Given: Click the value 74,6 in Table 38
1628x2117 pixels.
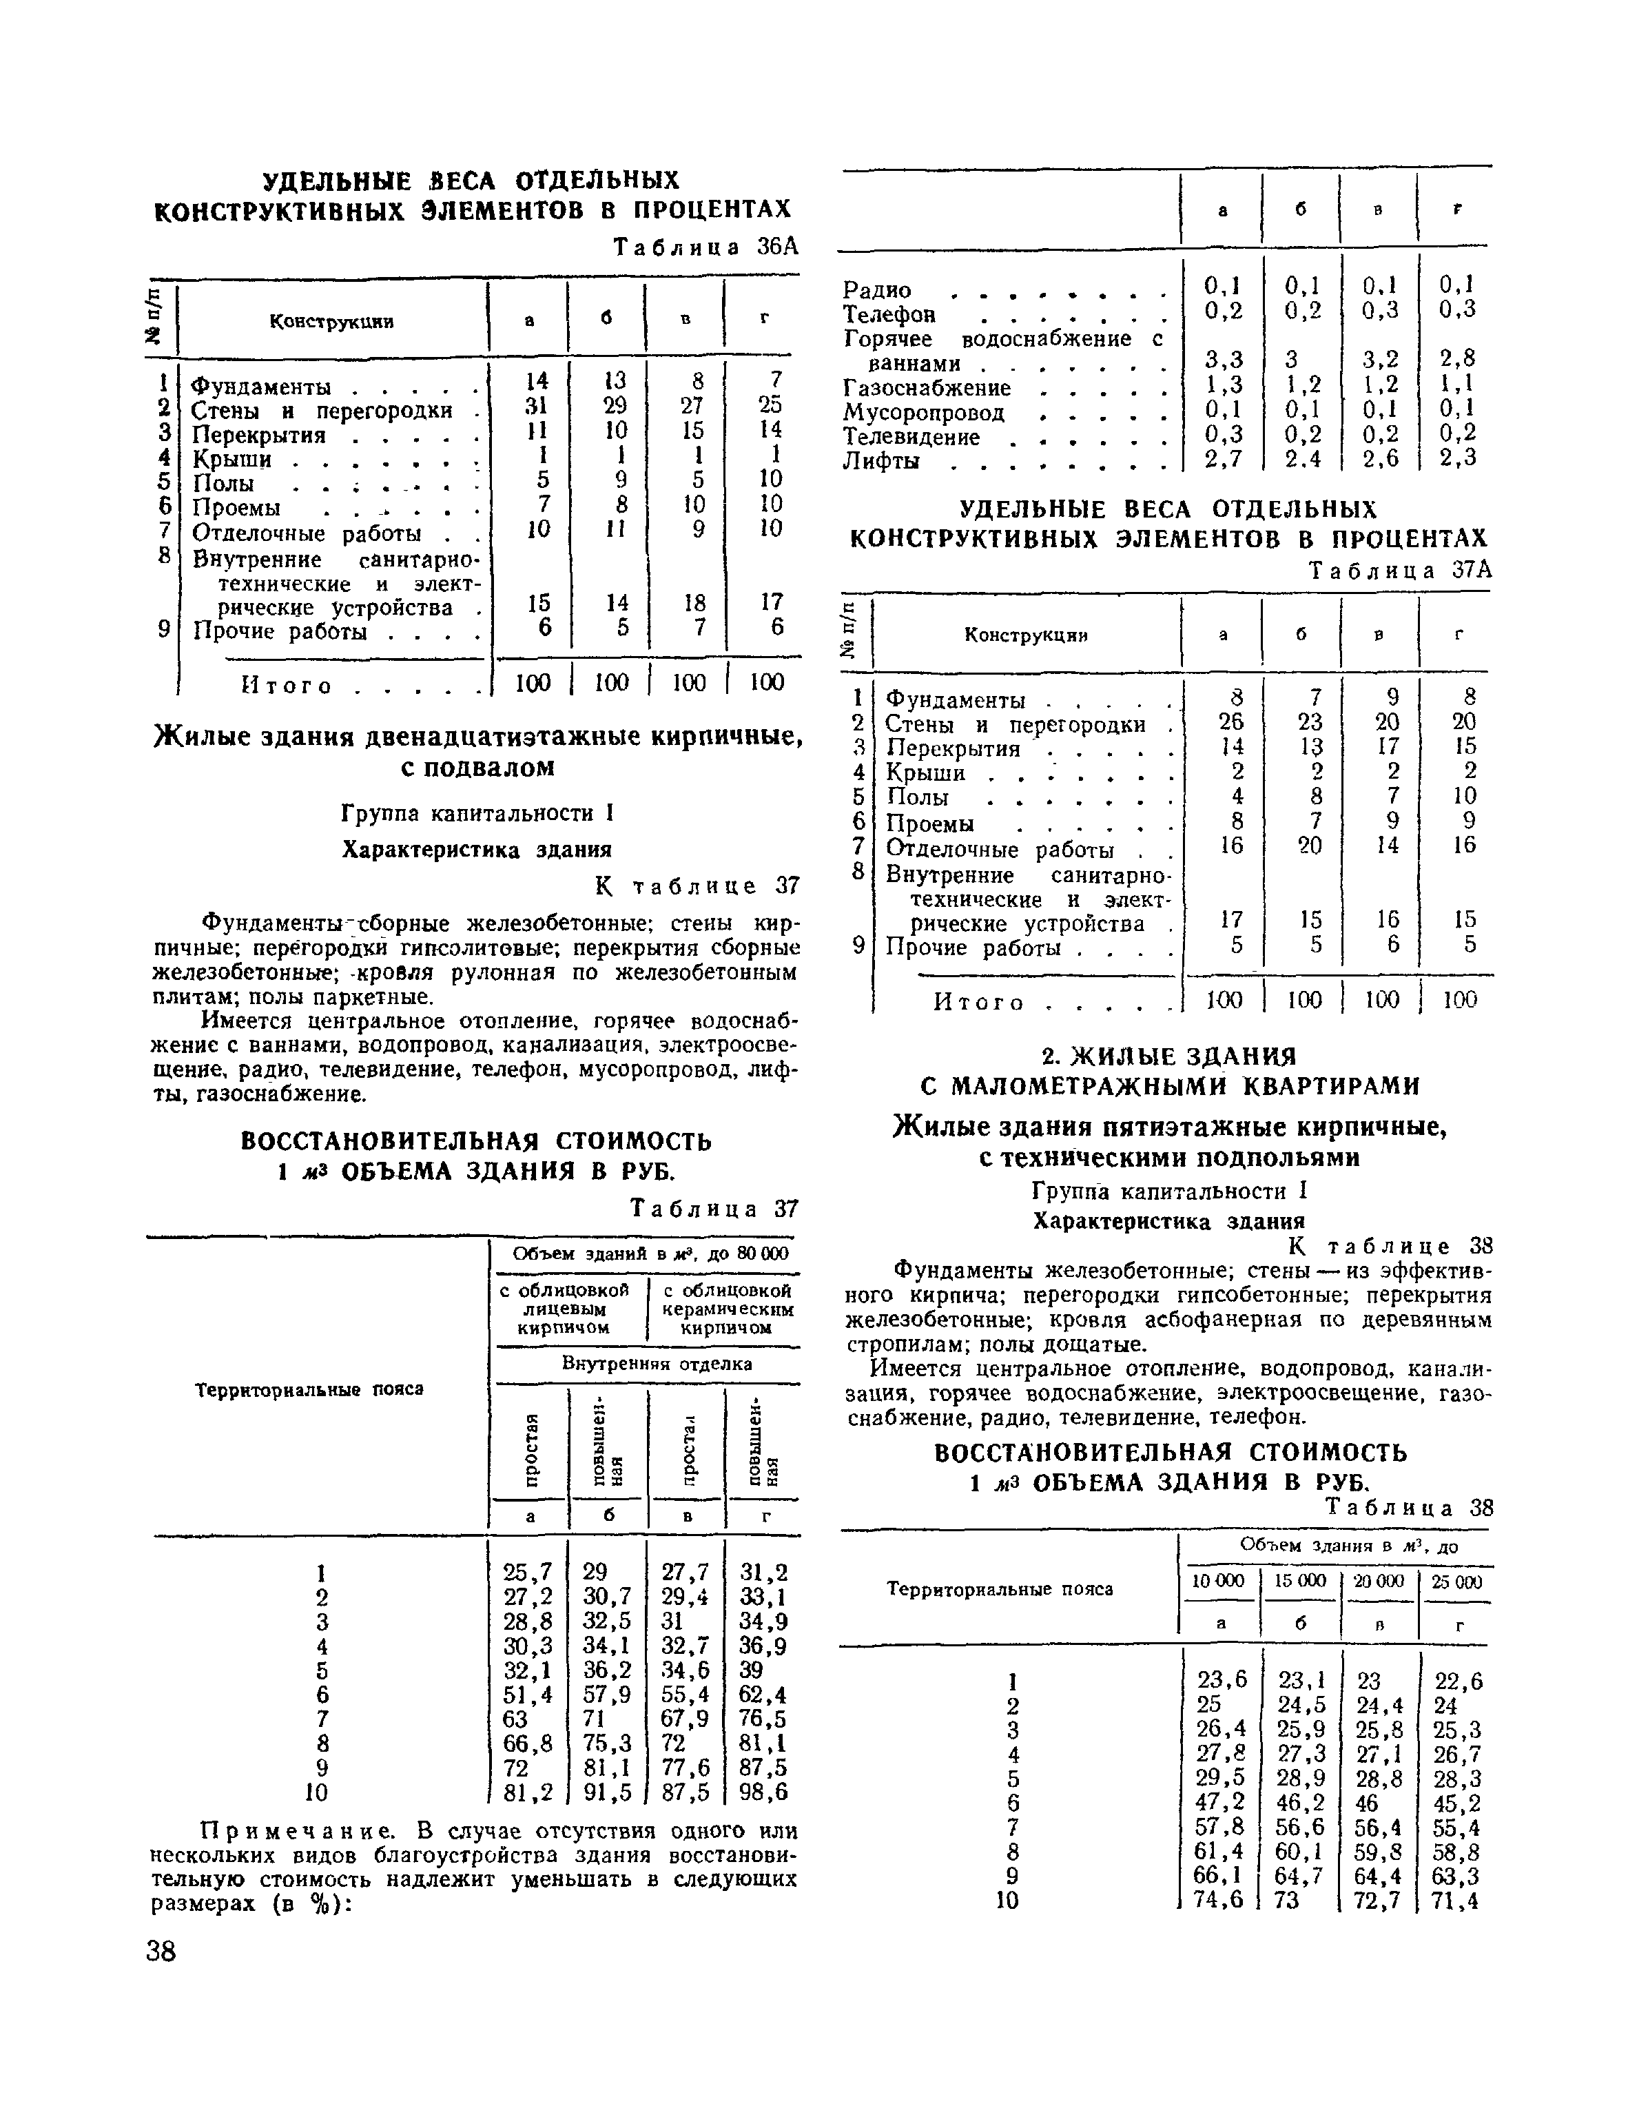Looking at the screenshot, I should pos(1221,1901).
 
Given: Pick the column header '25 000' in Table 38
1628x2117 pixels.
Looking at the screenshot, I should pos(1456,1581).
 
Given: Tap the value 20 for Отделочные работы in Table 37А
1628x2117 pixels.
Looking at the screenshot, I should pos(1308,846).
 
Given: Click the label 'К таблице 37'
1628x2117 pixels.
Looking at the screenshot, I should pos(696,886).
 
